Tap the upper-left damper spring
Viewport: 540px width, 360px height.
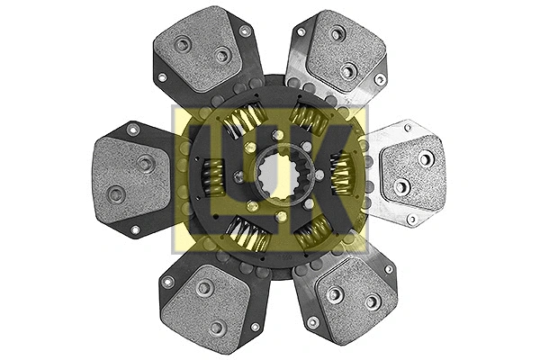[x=244, y=121]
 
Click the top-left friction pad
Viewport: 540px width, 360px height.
[x=202, y=50]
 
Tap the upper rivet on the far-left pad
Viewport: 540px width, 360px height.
[x=144, y=163]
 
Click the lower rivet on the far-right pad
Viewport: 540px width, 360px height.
[x=400, y=186]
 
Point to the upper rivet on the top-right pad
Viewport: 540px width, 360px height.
[x=337, y=35]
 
